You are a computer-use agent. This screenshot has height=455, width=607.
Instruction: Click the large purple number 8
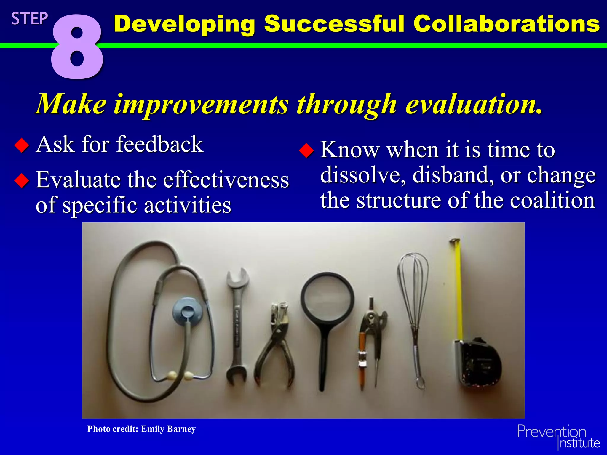pyautogui.click(x=77, y=47)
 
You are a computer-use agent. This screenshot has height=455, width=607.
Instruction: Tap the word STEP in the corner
pyautogui.click(x=29, y=19)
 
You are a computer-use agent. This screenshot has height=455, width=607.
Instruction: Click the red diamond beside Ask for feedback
pyautogui.click(x=22, y=145)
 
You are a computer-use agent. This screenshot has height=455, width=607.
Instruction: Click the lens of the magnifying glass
pyautogui.click(x=327, y=299)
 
